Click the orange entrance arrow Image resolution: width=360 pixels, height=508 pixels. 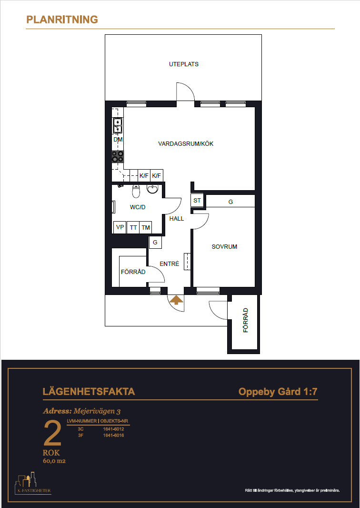[x=176, y=300]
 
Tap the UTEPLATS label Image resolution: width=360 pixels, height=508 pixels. [x=183, y=64]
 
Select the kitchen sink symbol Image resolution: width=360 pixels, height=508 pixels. [x=117, y=126]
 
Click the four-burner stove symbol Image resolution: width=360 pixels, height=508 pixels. [x=118, y=157]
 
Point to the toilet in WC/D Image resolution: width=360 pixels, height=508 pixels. [x=136, y=191]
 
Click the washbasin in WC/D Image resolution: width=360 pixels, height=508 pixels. [x=152, y=189]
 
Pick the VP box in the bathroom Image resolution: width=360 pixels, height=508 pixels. [x=120, y=227]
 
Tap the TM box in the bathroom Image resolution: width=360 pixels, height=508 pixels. [x=146, y=227]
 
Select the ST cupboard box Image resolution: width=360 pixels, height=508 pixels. [x=197, y=201]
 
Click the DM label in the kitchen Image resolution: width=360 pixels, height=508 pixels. [x=118, y=140]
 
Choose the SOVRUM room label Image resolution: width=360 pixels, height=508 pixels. [x=224, y=246]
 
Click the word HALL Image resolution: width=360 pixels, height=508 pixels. [x=177, y=219]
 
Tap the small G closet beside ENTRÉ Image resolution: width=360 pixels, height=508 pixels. [x=155, y=243]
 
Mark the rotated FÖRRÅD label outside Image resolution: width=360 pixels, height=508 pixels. [x=246, y=320]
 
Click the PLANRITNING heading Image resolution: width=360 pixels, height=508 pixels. [x=62, y=20]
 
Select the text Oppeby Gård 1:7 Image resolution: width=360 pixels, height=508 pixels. [x=278, y=392]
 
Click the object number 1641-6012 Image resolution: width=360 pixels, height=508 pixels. [x=113, y=429]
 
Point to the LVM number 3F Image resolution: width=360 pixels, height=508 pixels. [x=80, y=436]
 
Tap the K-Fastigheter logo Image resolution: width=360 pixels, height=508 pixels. [x=33, y=483]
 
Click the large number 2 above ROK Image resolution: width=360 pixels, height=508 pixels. [x=52, y=433]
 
